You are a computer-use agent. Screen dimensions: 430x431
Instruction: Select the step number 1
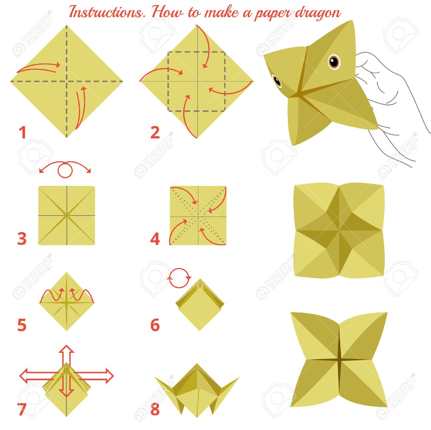22,133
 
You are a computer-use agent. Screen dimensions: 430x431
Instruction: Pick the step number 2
155,133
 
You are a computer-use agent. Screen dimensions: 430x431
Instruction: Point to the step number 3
22,239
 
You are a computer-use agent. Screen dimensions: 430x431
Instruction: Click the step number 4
155,239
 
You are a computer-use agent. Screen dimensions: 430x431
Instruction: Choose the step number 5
22,325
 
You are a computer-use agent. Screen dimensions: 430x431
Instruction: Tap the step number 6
155,325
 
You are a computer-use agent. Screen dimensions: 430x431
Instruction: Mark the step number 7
22,409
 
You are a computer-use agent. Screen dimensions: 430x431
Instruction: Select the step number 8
155,409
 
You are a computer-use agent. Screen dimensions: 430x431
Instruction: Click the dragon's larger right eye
334,62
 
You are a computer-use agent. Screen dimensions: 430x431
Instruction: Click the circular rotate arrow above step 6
179,278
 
